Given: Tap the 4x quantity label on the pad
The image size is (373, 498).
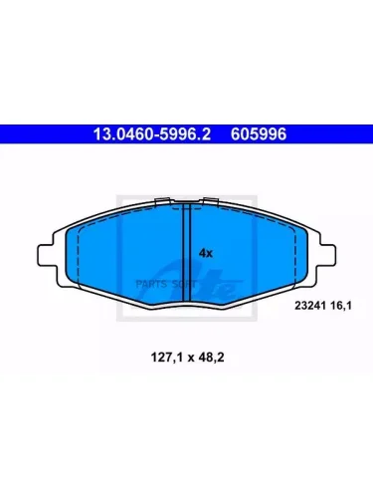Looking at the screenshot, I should pos(206,254).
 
